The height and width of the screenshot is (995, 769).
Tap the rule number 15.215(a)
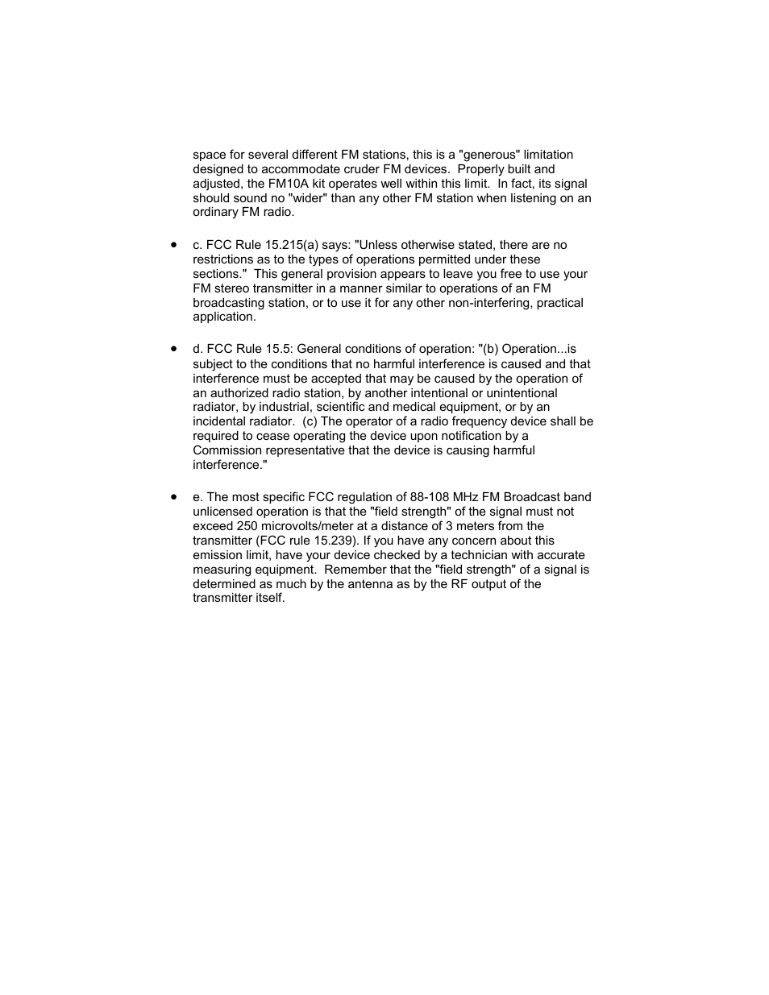click(294, 245)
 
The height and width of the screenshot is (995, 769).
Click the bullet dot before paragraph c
click(173, 244)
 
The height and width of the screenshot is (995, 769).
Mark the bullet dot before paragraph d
click(173, 349)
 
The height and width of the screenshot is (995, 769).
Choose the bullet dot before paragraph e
click(173, 497)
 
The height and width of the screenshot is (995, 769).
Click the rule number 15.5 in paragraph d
click(276, 349)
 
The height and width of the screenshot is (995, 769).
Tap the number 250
click(248, 526)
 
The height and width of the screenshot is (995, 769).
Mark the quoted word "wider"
click(306, 198)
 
